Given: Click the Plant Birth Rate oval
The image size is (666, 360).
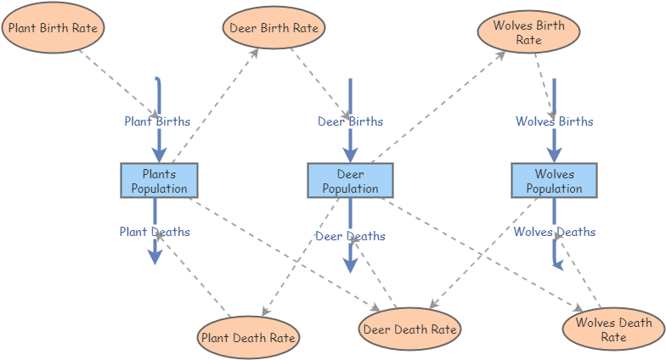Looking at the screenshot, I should [x=54, y=28].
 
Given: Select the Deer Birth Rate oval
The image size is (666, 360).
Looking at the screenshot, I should [x=274, y=28].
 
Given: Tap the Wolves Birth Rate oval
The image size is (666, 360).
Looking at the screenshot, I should [x=528, y=32].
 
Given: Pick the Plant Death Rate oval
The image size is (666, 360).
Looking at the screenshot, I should [x=248, y=337].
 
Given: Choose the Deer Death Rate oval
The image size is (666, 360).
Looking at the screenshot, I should [x=409, y=329].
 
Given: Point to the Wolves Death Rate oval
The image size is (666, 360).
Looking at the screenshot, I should [x=613, y=329].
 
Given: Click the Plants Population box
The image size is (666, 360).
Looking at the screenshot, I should [x=159, y=181].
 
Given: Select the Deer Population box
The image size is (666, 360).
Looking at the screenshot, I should [x=350, y=181].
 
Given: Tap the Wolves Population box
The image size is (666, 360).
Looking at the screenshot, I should [x=554, y=181].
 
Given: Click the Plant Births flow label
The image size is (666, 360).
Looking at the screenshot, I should [x=157, y=121].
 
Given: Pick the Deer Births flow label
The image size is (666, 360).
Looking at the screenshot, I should [x=350, y=121].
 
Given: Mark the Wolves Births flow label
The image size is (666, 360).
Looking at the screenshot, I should [x=554, y=121].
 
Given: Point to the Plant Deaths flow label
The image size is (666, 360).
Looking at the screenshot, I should [x=155, y=231].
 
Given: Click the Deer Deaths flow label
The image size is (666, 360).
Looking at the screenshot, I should [x=350, y=236].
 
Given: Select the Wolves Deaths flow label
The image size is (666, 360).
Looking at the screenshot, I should [x=554, y=232].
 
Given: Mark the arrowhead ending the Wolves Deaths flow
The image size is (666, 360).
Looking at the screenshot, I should [x=558, y=264].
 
